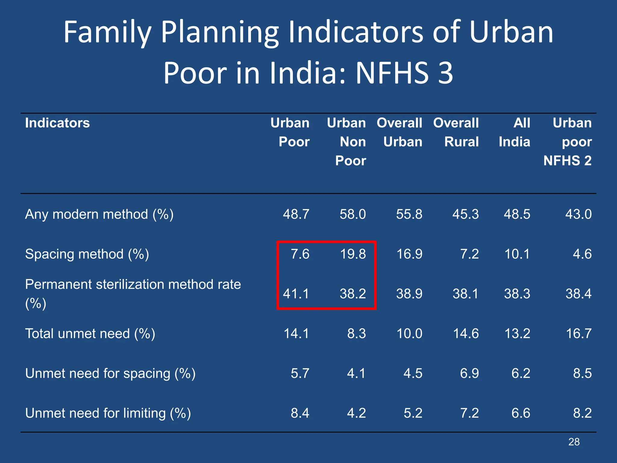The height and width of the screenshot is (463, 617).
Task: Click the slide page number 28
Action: pyautogui.click(x=574, y=442)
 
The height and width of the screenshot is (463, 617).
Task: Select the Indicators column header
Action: pyautogui.click(x=57, y=123)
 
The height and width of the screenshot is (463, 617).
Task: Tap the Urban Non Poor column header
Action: pyautogui.click(x=346, y=142)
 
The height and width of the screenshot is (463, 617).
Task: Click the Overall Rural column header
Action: pyautogui.click(x=456, y=132)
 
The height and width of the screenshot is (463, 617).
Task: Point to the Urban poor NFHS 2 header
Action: pyautogui.click(x=568, y=142)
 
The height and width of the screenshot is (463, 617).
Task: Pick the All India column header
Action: pyautogui.click(x=515, y=132)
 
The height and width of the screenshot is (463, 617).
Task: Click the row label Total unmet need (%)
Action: pyautogui.click(x=90, y=334)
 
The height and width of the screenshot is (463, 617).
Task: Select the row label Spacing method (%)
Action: pyautogui.click(x=87, y=254)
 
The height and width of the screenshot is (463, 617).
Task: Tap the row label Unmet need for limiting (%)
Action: pyautogui.click(x=108, y=413)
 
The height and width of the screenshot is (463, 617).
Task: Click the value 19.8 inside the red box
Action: pyautogui.click(x=353, y=254)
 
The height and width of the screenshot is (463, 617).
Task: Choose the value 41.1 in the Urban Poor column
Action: pyautogui.click(x=296, y=294)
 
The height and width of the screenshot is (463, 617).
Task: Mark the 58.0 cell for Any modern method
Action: pyautogui.click(x=352, y=214)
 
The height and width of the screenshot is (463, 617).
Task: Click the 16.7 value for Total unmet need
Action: pyautogui.click(x=578, y=334)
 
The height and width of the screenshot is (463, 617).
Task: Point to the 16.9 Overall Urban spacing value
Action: pyautogui.click(x=409, y=254)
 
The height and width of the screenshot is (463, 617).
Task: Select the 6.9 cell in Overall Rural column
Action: pyautogui.click(x=469, y=373)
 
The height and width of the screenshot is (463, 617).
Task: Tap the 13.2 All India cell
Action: pyautogui.click(x=517, y=334)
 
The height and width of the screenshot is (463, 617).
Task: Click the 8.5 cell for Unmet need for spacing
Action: pyautogui.click(x=582, y=373)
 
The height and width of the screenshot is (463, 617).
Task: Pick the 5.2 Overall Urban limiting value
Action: pyautogui.click(x=413, y=413)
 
